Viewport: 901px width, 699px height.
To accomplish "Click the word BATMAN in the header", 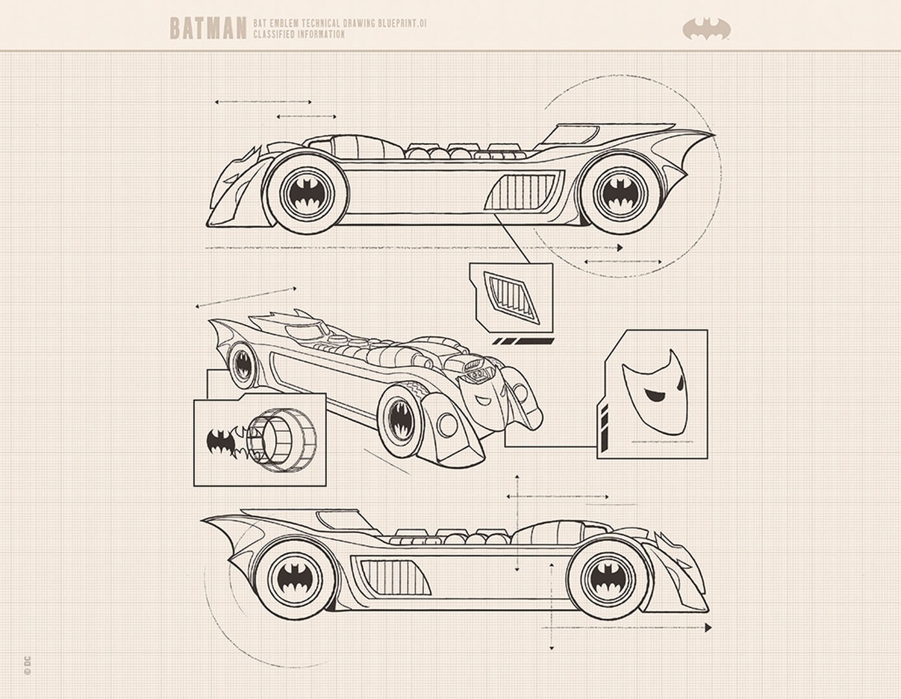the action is [x=208, y=28].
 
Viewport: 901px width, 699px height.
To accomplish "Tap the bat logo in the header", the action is [x=707, y=29].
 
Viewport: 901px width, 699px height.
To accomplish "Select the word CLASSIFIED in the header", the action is [x=274, y=34].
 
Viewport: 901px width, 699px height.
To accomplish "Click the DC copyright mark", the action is [x=28, y=665].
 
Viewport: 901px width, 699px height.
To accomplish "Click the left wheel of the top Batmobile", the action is [x=307, y=193].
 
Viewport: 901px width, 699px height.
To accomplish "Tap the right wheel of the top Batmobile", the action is [x=619, y=193].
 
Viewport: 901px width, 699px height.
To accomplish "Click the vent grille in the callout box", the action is [x=512, y=297].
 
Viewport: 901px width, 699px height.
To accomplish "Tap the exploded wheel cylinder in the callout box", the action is [x=282, y=440].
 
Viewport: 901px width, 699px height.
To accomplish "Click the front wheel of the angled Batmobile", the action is [x=400, y=421].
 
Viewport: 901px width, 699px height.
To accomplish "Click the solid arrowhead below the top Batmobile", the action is [x=620, y=247].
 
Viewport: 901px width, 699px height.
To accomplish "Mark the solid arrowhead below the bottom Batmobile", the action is [x=708, y=628].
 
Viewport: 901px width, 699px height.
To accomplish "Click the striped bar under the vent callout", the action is [x=523, y=342].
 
